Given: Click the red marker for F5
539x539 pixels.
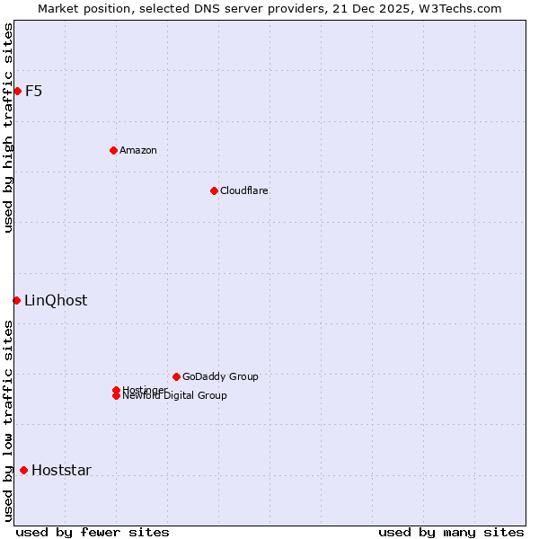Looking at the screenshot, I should click(x=17, y=91).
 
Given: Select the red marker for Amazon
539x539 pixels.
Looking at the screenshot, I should click(x=113, y=150).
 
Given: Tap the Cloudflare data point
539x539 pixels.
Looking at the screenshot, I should click(x=214, y=190).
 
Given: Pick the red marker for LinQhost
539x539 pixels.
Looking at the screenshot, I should click(x=16, y=300).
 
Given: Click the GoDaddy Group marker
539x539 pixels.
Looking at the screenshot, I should click(x=176, y=376).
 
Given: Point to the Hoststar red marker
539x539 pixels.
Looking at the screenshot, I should click(x=23, y=470).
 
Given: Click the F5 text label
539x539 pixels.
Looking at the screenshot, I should click(x=33, y=91).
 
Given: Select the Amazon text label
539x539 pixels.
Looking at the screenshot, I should click(x=137, y=150).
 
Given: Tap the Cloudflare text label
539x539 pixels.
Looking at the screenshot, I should click(x=243, y=190).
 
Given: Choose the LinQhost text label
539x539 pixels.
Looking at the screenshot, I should click(x=56, y=300).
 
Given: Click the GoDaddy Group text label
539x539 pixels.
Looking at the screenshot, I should click(x=220, y=376).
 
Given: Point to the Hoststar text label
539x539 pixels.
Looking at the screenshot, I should click(x=61, y=470).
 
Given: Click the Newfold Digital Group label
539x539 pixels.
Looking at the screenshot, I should click(x=174, y=396).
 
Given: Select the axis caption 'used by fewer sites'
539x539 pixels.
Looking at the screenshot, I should click(x=93, y=532).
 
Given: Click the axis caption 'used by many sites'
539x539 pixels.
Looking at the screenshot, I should click(x=451, y=532).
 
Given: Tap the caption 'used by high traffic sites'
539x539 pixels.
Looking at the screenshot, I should click(x=8, y=128).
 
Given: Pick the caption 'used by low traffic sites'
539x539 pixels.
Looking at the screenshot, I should click(x=8, y=420).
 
